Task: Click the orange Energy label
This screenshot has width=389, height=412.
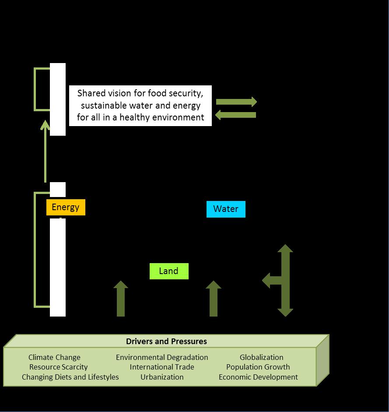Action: pos(66,208)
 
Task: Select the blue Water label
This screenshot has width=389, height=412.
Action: pos(226,209)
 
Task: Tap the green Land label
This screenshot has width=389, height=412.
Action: pos(169,271)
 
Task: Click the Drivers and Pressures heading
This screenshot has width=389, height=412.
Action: pos(166,342)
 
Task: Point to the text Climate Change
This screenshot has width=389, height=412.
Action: pos(54,358)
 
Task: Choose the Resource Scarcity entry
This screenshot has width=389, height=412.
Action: pos(58,367)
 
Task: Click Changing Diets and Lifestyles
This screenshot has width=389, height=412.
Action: pos(70,377)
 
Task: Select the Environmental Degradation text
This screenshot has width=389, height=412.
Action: pos(162,358)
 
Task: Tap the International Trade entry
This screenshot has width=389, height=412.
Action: pos(162,367)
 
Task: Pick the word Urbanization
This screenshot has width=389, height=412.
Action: pos(162,377)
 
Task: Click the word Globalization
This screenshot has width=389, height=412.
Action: pos(261,358)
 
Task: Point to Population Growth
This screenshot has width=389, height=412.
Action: pos(258,367)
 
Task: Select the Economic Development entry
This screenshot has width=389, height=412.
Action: pos(258,377)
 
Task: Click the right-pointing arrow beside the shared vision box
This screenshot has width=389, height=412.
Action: pos(236,102)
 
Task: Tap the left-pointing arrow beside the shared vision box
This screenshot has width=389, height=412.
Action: pos(236,115)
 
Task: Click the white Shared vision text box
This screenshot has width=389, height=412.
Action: pos(140,106)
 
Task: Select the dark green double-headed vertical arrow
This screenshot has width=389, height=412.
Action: pos(285,280)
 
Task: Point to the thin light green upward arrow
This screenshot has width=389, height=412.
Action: pos(45,151)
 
